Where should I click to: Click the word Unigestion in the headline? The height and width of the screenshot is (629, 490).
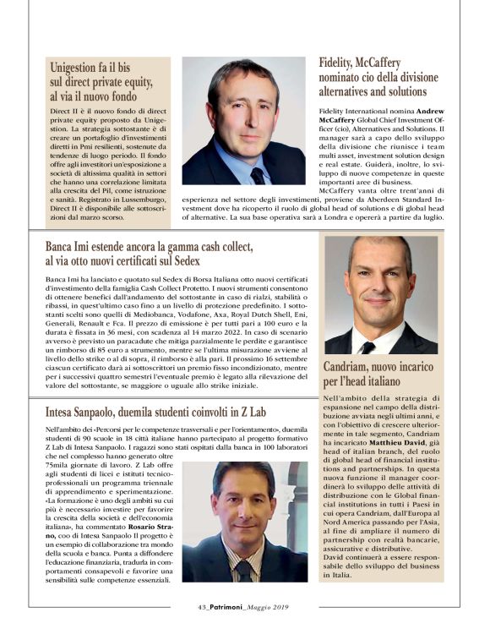point(81,67)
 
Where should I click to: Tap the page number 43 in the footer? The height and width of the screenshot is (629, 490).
point(179,605)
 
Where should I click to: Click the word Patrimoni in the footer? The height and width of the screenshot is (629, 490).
point(211,605)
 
